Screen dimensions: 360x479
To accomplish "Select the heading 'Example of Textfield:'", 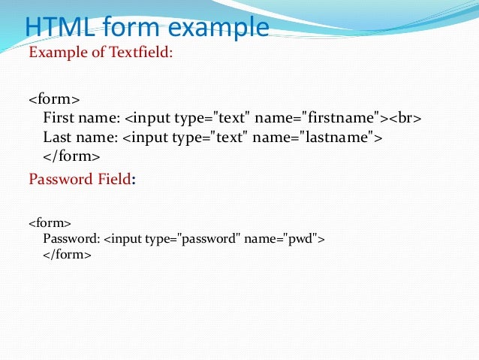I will tap(101, 53).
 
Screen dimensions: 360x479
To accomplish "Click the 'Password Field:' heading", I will tap(82, 179).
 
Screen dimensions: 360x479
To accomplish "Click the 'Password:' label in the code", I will tap(71, 239).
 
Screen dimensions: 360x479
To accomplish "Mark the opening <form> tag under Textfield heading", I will tap(54, 99).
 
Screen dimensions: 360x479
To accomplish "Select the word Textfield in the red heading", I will tap(146, 53).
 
